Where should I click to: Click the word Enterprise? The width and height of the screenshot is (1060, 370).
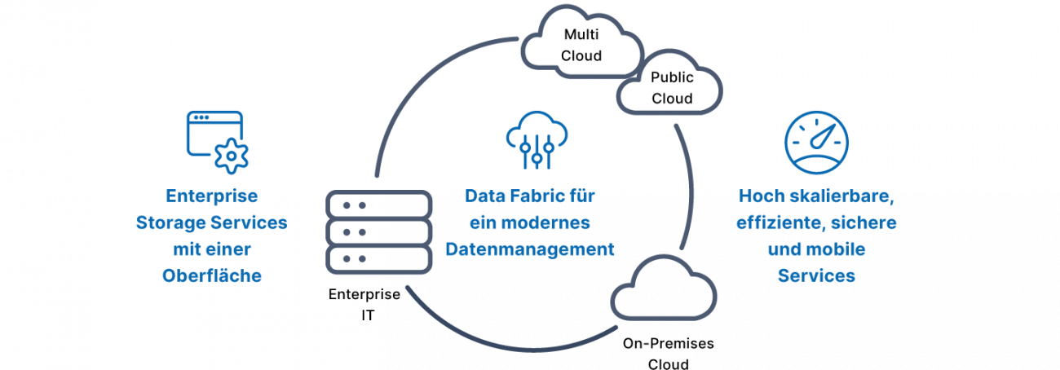(x=212, y=196)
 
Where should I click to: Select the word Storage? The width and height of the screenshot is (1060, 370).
(x=169, y=223)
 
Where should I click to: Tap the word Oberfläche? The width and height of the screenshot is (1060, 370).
(x=212, y=276)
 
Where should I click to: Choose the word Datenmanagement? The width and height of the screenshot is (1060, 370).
(x=529, y=249)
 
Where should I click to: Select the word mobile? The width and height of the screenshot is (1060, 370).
(x=839, y=249)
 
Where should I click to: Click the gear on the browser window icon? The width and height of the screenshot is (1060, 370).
(x=232, y=156)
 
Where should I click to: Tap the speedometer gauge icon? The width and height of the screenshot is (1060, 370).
(x=816, y=144)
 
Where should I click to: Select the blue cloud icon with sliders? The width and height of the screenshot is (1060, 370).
(x=533, y=138)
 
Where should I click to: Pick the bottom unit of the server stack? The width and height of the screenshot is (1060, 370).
(x=378, y=259)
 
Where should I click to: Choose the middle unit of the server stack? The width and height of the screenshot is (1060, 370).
(x=378, y=232)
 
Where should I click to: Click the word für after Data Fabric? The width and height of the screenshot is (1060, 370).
(x=580, y=196)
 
